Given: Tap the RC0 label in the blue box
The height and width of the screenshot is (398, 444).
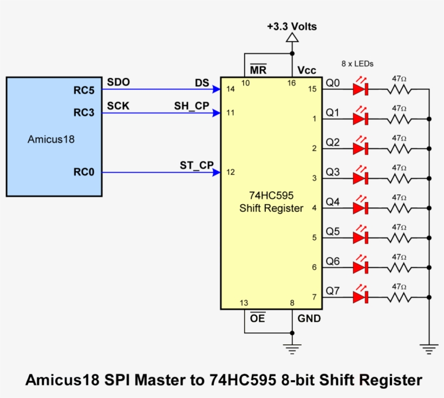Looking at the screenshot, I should click(84, 173).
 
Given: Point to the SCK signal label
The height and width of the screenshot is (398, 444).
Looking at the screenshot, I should click(119, 106).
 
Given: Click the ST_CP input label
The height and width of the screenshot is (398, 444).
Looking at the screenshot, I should click(197, 165).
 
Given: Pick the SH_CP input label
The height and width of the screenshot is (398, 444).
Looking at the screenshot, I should click(192, 106).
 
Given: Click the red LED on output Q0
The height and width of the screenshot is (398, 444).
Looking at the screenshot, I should click(361, 89).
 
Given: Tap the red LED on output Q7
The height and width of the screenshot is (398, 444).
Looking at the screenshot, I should click(361, 297).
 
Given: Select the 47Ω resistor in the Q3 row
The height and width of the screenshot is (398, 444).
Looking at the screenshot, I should click(400, 178).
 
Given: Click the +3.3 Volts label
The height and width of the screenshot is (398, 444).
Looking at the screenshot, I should click(292, 26).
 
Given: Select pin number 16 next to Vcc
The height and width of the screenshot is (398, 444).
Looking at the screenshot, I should click(291, 83).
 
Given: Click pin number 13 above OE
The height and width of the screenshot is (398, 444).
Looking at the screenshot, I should click(244, 303).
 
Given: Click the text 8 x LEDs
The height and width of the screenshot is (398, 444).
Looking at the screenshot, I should click(357, 63).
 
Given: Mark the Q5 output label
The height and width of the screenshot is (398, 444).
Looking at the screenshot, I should click(332, 232).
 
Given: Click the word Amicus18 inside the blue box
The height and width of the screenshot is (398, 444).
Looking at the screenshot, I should click(51, 139).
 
